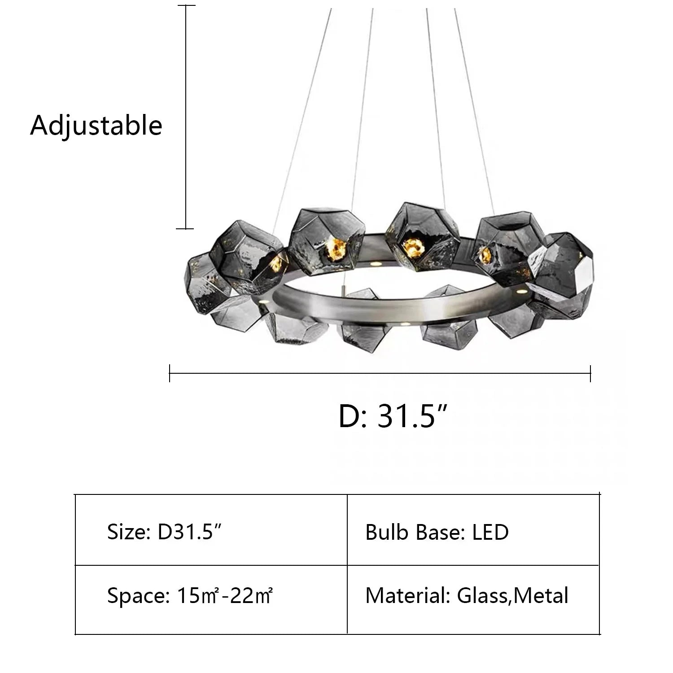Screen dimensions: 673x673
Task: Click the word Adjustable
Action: [96, 125]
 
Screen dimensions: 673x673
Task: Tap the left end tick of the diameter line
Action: [170, 373]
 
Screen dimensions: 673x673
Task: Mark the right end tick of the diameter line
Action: [590, 373]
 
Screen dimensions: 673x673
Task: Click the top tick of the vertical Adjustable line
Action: [186, 6]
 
